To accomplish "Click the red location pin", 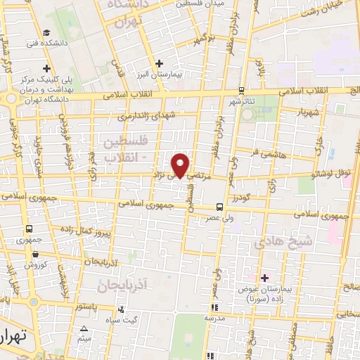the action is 181,165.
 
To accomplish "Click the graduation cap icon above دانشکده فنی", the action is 46,32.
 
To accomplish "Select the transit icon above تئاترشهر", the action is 242,90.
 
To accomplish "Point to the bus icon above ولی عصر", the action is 220,207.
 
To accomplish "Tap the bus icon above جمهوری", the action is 30,229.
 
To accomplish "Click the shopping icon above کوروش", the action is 30,255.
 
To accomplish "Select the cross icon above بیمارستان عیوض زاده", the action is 264,278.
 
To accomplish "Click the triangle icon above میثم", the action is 84,328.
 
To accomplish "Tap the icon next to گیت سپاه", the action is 123,309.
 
